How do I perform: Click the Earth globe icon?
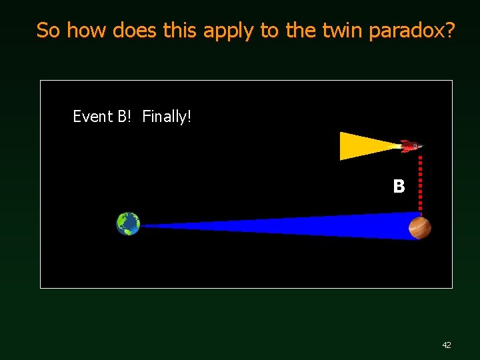(x=128, y=224)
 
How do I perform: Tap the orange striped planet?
(x=420, y=228)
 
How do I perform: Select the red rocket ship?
(x=410, y=146)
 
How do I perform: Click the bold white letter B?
(x=399, y=187)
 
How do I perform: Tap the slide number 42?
(x=447, y=345)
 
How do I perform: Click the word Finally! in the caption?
(x=167, y=117)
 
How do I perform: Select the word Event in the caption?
(x=93, y=117)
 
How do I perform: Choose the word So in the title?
(x=49, y=30)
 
